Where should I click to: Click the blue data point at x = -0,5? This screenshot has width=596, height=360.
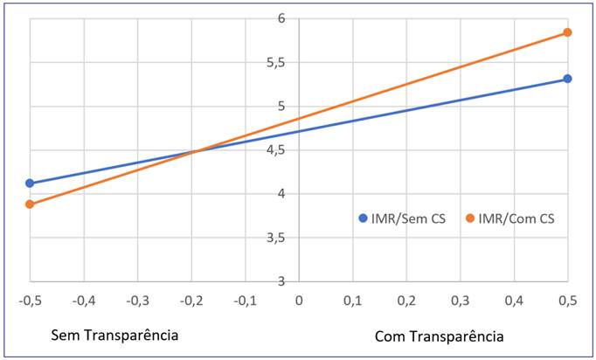point(30,183)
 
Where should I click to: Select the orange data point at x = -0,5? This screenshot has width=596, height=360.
point(30,204)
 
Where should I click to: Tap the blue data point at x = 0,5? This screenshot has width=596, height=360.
point(567,79)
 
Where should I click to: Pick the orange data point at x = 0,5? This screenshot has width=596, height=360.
point(567,32)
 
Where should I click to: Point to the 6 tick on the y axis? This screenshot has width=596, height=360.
point(281,18)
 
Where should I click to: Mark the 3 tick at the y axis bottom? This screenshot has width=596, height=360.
point(281,280)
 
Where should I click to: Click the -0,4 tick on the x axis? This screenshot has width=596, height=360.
point(84,301)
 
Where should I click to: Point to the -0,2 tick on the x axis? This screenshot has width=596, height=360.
point(191,301)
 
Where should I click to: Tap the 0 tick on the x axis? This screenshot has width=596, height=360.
point(299,301)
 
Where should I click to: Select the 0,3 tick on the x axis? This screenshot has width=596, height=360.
point(460,301)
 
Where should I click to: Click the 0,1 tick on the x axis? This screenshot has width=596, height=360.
point(352,301)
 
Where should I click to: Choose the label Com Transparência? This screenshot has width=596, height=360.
point(439,336)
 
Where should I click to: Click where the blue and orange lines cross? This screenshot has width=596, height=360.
point(194,151)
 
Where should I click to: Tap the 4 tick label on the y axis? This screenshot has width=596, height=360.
point(281,194)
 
